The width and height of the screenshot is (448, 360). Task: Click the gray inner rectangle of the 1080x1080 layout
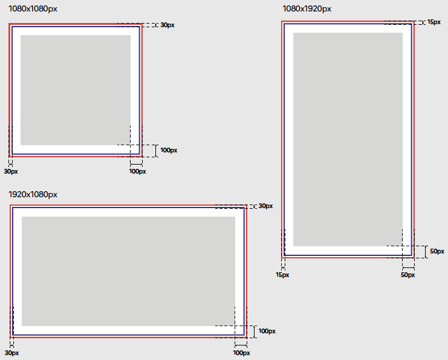76,90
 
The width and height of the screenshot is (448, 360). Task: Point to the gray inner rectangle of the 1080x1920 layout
348,139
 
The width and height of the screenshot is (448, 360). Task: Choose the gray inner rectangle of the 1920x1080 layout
128,271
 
